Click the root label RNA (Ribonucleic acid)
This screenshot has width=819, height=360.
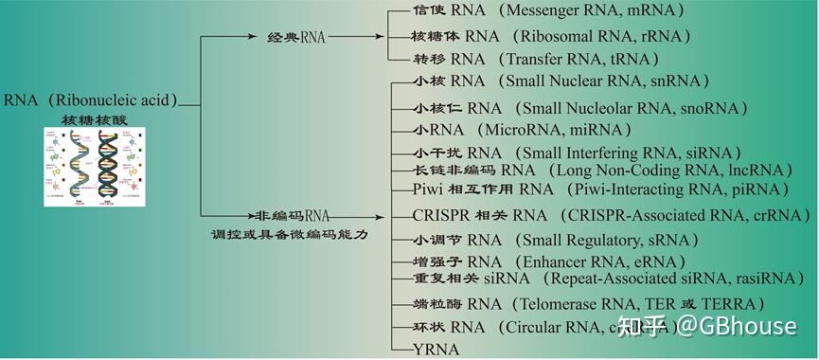point(90,100)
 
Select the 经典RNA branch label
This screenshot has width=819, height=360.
point(296,37)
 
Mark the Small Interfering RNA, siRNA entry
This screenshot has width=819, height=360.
point(578,153)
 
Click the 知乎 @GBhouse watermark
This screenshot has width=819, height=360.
point(706,327)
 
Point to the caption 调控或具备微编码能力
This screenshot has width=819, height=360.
point(289,234)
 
